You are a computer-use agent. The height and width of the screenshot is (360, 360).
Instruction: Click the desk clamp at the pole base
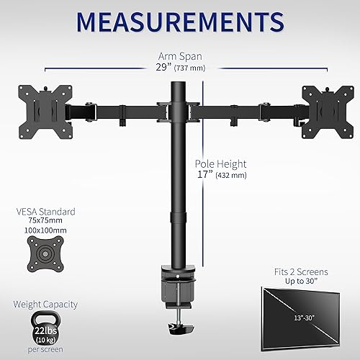(176, 292)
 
